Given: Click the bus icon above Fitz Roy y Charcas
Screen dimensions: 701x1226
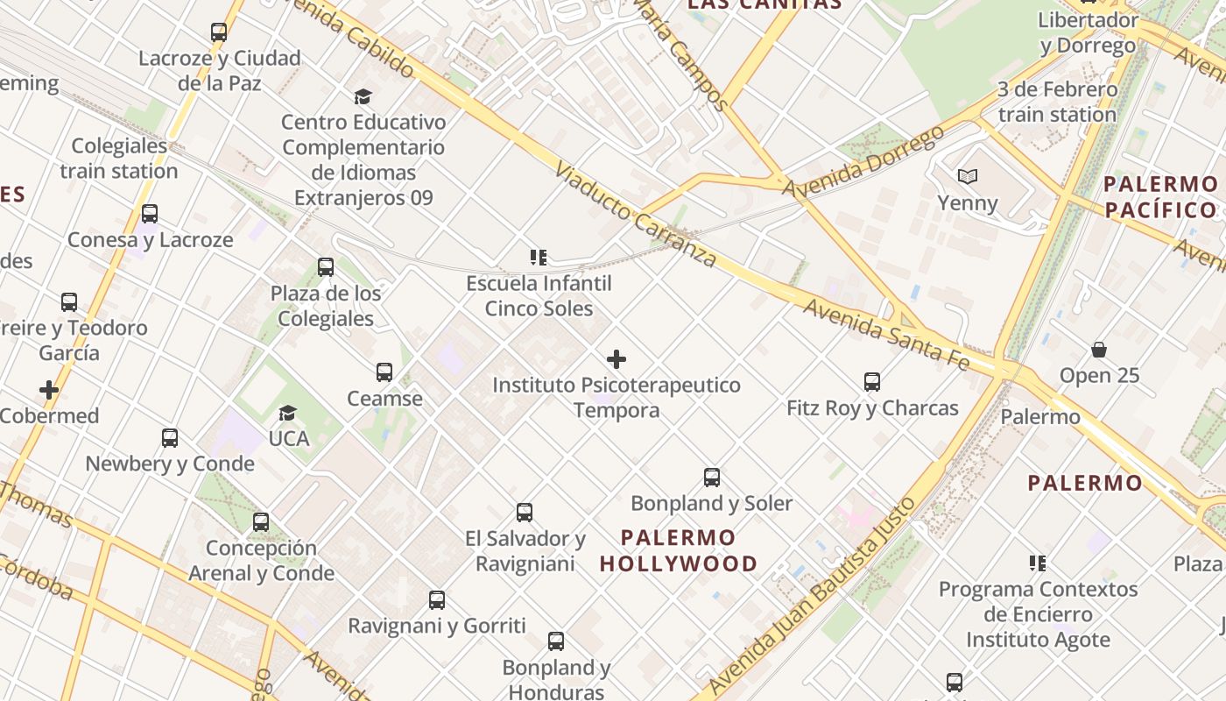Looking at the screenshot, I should [871, 382].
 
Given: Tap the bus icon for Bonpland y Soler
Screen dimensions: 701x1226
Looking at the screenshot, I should [712, 478].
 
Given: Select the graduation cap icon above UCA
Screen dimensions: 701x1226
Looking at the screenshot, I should [287, 413].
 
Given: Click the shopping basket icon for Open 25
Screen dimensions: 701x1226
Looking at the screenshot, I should [1099, 350].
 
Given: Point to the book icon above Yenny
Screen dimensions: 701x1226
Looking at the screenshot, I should [967, 177].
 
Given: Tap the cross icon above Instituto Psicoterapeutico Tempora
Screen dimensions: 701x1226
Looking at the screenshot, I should [617, 359].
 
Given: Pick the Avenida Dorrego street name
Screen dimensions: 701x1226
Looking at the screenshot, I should [863, 162].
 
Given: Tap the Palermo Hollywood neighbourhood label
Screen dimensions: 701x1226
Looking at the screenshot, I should [679, 550].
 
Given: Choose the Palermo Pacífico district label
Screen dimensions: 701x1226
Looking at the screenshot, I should [1160, 197].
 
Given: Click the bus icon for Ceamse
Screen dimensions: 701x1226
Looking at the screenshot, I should [384, 372].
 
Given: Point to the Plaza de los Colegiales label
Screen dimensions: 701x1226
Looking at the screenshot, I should [326, 306].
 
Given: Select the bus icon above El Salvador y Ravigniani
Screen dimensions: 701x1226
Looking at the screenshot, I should [525, 513].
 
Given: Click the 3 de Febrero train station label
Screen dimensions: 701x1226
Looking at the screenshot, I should [1057, 102].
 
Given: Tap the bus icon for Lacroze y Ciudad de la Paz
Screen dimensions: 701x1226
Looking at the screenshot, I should [219, 32].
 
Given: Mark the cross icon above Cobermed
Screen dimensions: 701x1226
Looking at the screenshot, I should [49, 390].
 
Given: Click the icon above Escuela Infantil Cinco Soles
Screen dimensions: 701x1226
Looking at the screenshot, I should [539, 258].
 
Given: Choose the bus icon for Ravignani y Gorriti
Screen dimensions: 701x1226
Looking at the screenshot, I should [437, 600].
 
